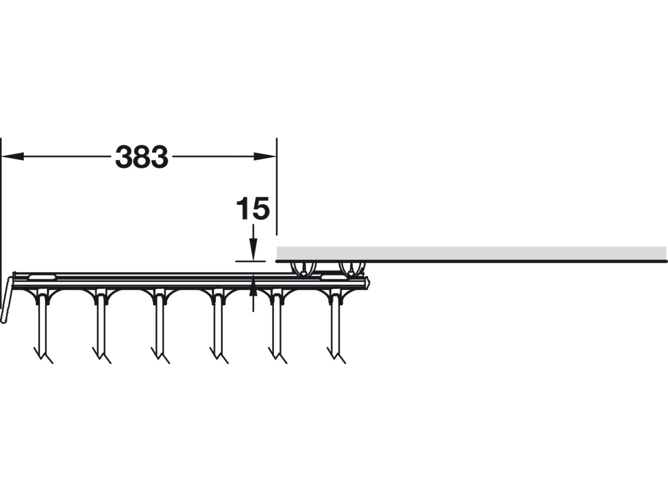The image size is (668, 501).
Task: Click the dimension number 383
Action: pyautogui.click(x=142, y=157)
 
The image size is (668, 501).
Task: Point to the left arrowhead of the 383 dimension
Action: pyautogui.click(x=13, y=156)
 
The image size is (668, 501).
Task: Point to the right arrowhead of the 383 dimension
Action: pyautogui.click(x=265, y=156)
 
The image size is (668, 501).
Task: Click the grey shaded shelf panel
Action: pyautogui.click(x=472, y=253)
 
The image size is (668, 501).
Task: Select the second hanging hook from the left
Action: pyautogui.click(x=101, y=327)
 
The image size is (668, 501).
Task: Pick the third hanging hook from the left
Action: pyautogui.click(x=160, y=327)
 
